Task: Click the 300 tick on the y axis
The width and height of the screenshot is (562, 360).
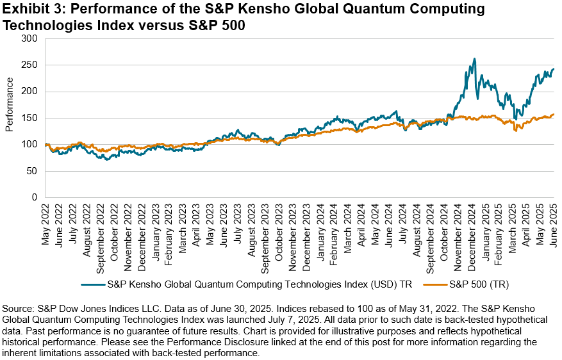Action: tap(30, 38)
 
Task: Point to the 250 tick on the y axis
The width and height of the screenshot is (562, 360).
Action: tap(30, 65)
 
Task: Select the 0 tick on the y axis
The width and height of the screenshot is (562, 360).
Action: tap(35, 197)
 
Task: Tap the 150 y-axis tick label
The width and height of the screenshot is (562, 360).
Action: tap(30, 118)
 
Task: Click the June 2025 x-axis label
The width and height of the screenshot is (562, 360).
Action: tap(554, 225)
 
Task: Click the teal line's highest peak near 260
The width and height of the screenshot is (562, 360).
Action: tap(474, 59)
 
